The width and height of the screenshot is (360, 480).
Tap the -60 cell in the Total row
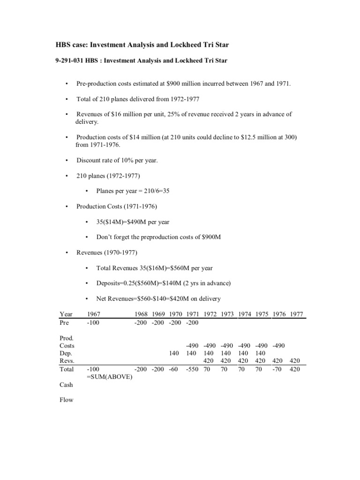point(174,369)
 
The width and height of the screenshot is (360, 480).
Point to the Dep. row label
point(67,353)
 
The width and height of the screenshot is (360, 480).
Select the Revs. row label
point(67,361)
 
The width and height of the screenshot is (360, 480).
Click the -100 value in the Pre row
point(94,322)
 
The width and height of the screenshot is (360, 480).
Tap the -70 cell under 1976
point(278,369)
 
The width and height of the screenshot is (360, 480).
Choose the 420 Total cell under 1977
point(296,369)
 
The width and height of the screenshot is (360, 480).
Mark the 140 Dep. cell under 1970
point(175,353)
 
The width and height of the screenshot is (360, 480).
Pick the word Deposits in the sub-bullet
point(109,283)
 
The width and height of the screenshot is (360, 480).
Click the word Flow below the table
point(67,400)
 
